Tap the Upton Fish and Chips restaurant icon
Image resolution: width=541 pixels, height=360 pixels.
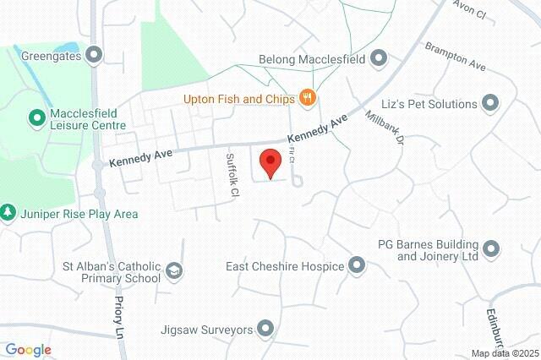(308, 99)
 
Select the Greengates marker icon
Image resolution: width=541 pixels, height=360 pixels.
(95, 56)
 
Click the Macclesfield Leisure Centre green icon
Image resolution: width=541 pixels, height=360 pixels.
(36, 116)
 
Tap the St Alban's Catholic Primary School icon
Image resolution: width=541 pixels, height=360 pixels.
(174, 271)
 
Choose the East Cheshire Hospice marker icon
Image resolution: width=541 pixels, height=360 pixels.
(357, 266)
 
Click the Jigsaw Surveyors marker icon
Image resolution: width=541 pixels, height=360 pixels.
(266, 328)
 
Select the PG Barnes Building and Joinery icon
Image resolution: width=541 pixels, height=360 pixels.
(491, 248)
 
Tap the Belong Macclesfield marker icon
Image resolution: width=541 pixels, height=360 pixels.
(378, 59)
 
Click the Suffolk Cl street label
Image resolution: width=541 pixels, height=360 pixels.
(232, 176)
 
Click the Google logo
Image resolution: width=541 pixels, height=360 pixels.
(28, 350)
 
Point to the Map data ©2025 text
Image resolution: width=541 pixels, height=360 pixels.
(505, 353)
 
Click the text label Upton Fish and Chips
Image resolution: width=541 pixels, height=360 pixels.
(239, 99)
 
